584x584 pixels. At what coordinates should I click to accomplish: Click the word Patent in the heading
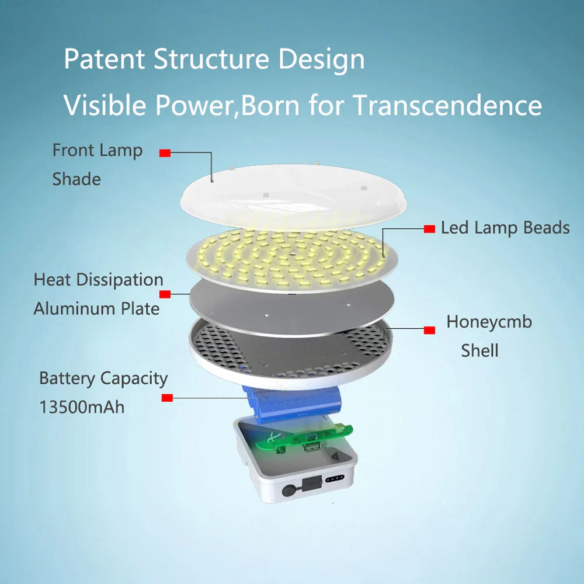click(x=105, y=59)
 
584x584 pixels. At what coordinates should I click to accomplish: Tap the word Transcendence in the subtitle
click(x=447, y=105)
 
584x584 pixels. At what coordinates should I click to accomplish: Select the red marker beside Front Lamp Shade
click(x=165, y=153)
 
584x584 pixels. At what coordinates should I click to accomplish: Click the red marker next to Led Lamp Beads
click(x=429, y=229)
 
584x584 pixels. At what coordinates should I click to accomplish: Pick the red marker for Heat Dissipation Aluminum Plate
click(x=165, y=294)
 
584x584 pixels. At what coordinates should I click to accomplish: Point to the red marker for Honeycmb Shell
click(x=429, y=330)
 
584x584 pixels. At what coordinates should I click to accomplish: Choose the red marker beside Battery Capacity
click(x=167, y=398)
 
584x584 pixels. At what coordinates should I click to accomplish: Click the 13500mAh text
click(x=82, y=407)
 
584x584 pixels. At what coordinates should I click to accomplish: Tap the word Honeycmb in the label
click(x=489, y=322)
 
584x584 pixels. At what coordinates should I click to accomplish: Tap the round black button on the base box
click(x=288, y=490)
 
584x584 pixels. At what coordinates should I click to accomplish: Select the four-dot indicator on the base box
click(x=335, y=478)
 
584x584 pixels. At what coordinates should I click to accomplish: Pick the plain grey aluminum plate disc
click(x=292, y=307)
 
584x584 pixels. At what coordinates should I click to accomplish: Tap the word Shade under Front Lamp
click(x=77, y=179)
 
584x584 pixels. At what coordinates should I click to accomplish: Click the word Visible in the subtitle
click(x=105, y=105)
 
